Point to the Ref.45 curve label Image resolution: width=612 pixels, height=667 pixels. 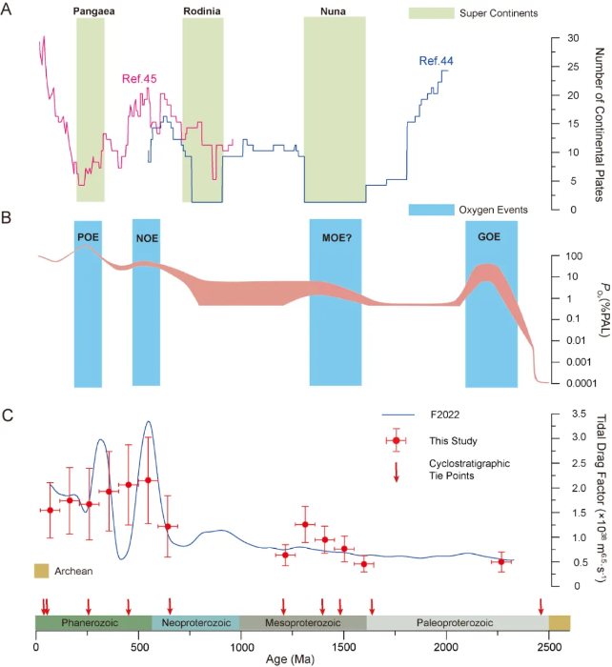tap(138, 79)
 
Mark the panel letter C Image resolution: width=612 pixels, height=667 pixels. tap(9, 414)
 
